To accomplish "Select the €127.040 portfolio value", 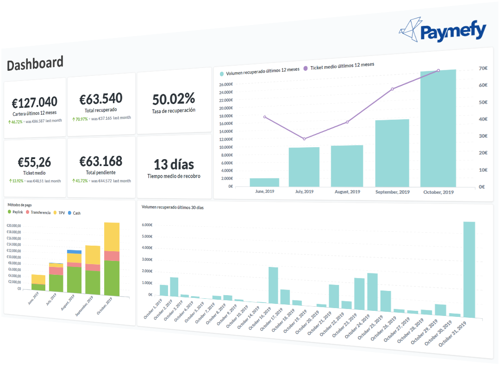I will [34, 102].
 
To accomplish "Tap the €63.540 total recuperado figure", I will [101, 99].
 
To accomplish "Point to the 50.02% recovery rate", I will [174, 98].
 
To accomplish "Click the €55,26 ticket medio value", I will [34, 162].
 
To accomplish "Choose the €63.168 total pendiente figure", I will [101, 161].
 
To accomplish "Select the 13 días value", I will [174, 164].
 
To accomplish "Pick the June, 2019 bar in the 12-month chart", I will [264, 182].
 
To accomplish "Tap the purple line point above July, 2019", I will [304, 139].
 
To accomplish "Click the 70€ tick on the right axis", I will [483, 68].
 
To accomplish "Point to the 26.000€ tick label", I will [225, 85].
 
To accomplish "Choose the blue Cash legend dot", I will [70, 213].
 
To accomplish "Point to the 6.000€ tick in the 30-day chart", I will [147, 225].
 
